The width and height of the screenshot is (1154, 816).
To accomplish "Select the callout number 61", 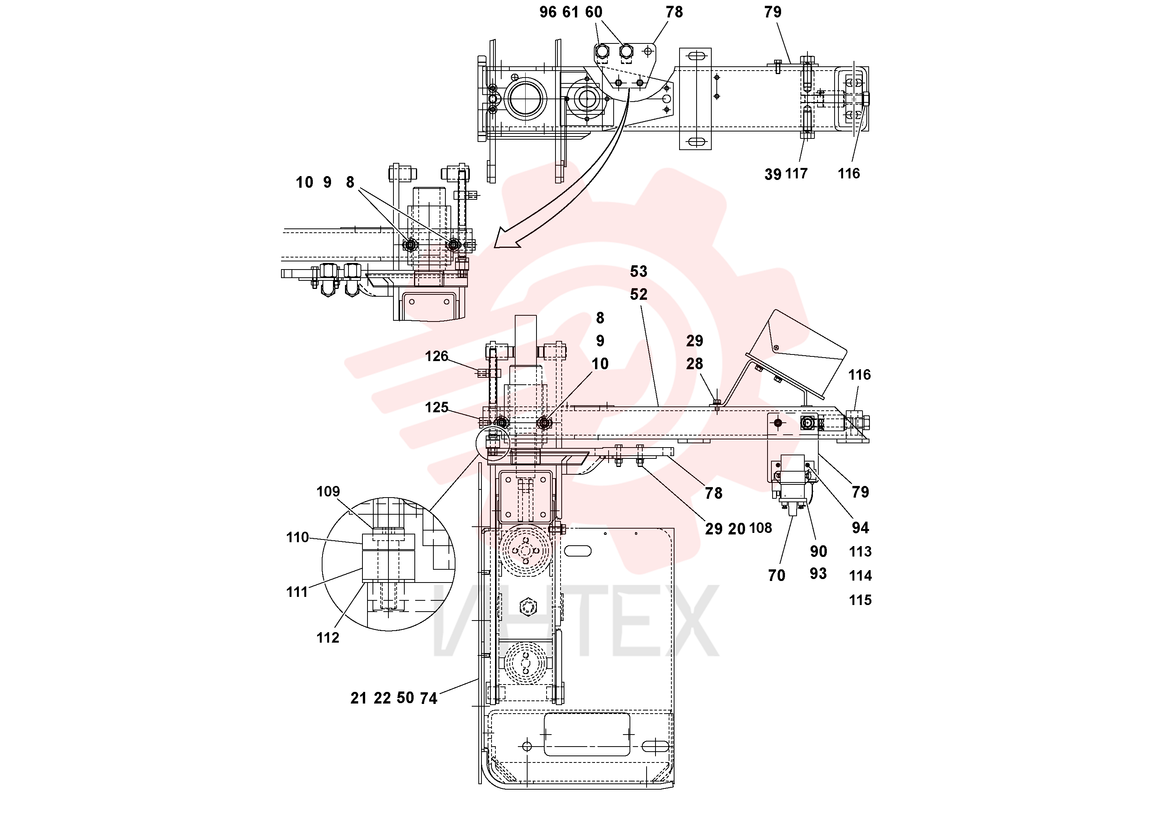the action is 571,12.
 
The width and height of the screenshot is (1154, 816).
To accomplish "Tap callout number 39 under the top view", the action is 773,175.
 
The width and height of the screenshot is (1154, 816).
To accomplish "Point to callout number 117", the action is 796,174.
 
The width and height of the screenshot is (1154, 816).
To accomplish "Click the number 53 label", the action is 639,271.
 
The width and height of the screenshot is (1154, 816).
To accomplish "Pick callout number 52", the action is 639,295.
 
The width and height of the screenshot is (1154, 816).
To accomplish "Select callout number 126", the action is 436,356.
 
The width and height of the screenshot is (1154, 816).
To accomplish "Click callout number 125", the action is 436,407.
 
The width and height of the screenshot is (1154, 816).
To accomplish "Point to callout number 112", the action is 328,638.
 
